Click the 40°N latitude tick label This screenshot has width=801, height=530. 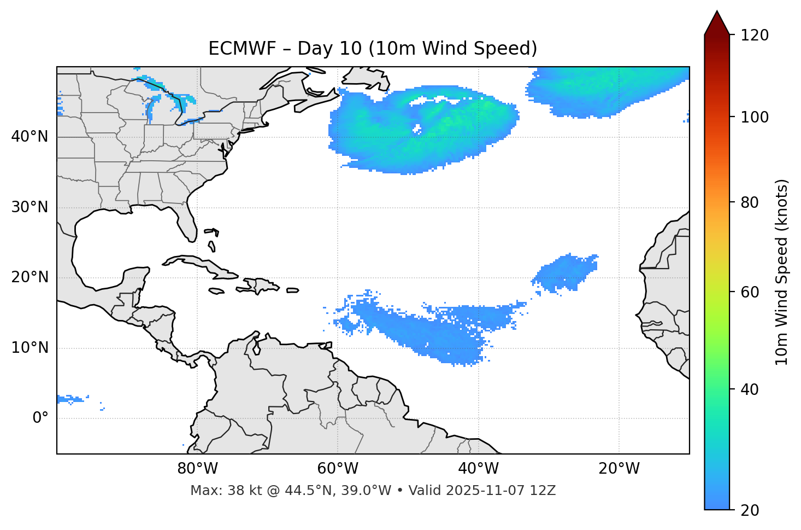click(x=30, y=137)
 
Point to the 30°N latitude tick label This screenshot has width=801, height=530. click(x=30, y=207)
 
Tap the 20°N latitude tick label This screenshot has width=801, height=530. click(x=30, y=277)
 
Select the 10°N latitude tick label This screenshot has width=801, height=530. click(x=30, y=348)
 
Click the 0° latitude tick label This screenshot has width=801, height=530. click(x=40, y=418)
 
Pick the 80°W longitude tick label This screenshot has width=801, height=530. click(x=197, y=469)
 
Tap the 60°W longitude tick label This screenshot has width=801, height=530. click(x=338, y=469)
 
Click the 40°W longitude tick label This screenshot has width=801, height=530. click(x=478, y=469)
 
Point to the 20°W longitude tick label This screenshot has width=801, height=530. click(x=619, y=469)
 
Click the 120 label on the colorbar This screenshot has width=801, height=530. click(x=755, y=36)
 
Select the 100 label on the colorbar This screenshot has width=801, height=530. click(x=755, y=117)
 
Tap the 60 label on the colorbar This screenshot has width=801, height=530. click(x=750, y=292)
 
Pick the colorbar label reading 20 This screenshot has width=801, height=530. click(x=750, y=510)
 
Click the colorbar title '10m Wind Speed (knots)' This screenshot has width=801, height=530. click(x=782, y=272)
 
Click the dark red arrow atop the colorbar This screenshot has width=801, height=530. click(x=717, y=24)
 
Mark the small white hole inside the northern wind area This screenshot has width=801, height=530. click(x=417, y=130)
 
